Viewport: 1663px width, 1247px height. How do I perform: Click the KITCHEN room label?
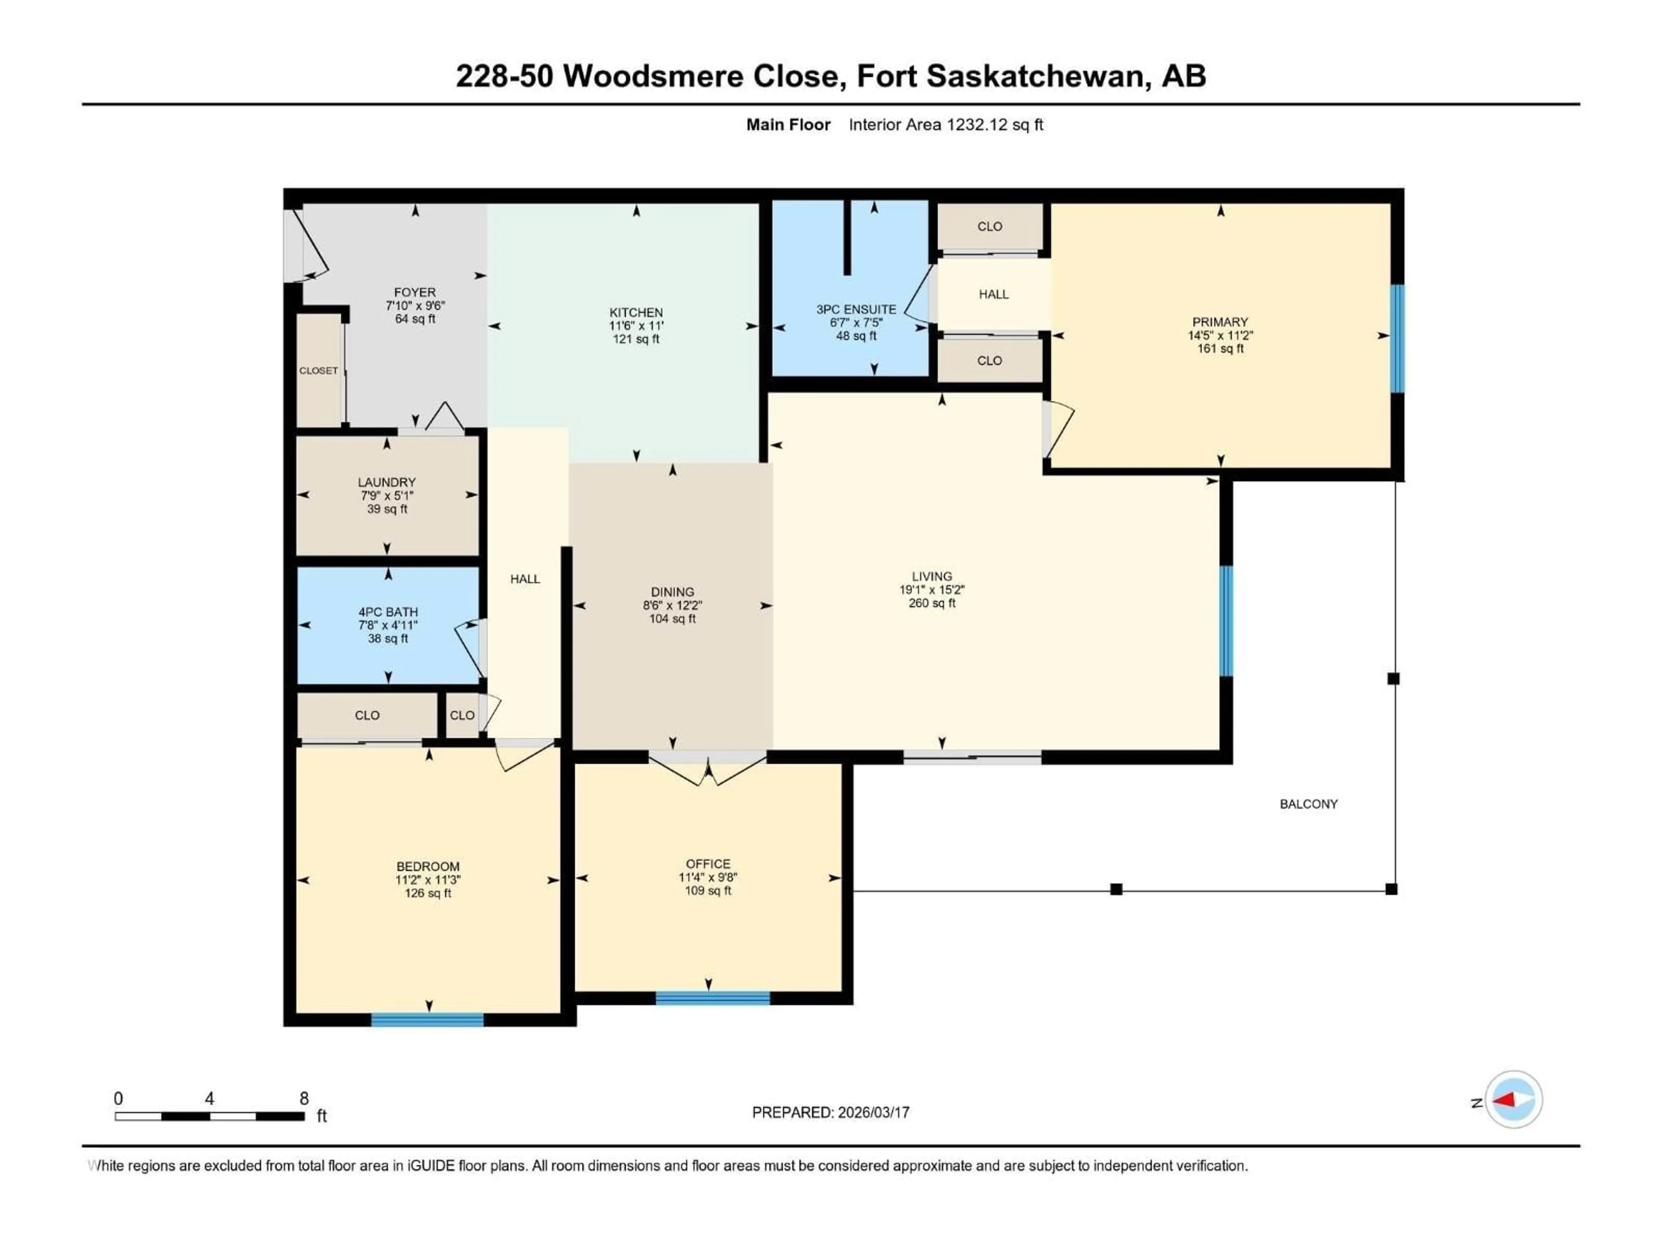(636, 312)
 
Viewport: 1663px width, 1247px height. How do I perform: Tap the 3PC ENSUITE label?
(856, 309)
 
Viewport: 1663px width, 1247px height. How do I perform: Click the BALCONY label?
(1309, 804)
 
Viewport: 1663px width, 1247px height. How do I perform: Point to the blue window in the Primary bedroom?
(1397, 338)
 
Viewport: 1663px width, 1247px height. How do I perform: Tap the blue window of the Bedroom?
(427, 1020)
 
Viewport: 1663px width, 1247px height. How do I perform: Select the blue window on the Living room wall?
(1226, 621)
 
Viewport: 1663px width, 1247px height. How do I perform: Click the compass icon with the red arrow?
(1514, 1100)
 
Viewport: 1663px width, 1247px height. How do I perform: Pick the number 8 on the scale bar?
(304, 1098)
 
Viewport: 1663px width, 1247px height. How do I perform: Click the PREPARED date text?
(831, 1112)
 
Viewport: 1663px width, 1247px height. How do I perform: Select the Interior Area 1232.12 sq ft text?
(946, 125)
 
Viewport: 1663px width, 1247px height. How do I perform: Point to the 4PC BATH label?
(388, 612)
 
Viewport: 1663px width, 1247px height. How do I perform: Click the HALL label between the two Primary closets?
(993, 294)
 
